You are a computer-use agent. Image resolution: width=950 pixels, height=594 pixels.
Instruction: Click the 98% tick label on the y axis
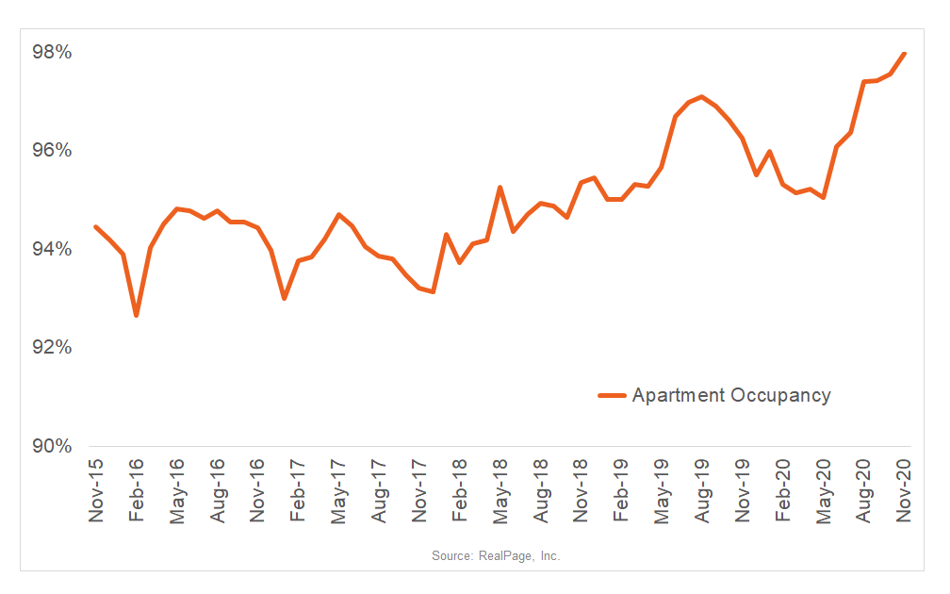(53, 53)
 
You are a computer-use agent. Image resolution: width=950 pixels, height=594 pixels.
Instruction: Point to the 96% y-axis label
(53, 151)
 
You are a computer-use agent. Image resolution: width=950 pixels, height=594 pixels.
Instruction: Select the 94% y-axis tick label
(53, 250)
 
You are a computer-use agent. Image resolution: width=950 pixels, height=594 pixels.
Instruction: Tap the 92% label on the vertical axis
(53, 348)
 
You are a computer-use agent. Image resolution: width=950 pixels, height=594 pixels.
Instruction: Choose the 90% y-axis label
(53, 446)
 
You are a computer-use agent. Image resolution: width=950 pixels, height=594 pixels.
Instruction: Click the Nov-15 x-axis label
(96, 492)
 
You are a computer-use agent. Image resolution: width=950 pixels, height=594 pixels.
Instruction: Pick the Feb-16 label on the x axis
(137, 492)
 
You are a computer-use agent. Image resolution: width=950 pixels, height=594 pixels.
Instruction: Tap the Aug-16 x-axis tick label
(218, 492)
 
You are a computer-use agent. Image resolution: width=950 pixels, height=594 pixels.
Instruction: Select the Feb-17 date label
(299, 492)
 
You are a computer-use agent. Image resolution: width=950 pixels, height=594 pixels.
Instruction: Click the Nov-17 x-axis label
(419, 492)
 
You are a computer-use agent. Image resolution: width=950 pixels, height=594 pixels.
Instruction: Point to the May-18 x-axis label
(500, 492)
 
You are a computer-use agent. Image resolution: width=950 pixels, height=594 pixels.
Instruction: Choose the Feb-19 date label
(622, 492)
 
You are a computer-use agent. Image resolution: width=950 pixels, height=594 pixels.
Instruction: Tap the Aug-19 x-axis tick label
(702, 492)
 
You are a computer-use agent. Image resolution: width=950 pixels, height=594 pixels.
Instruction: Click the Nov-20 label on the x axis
(905, 492)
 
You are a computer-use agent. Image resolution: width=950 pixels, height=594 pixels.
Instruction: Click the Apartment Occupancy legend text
(731, 395)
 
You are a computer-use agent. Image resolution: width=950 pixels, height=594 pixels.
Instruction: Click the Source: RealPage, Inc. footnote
(496, 556)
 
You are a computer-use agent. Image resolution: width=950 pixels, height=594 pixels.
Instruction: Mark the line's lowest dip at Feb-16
(137, 315)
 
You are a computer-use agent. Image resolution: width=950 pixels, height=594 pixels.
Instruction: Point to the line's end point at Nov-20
(905, 54)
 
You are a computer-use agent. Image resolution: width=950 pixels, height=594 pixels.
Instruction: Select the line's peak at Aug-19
(702, 96)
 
